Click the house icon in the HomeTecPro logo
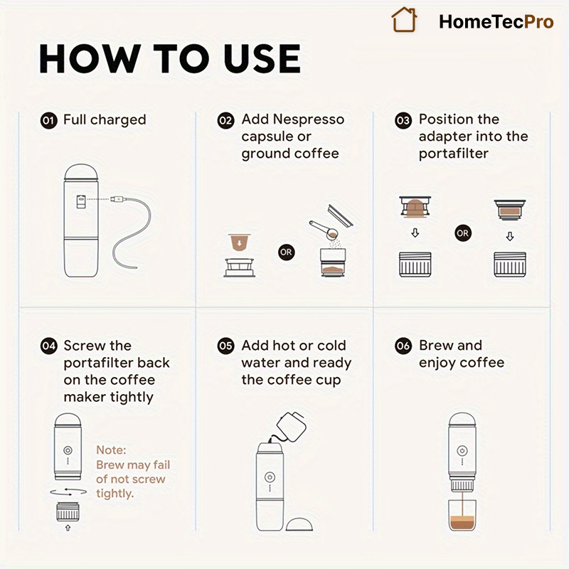coord(404,20)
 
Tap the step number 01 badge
coord(48,120)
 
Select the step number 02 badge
coord(225,120)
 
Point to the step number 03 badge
coord(403,120)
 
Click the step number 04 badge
coord(48,346)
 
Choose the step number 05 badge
coord(225,346)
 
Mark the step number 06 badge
coord(403,346)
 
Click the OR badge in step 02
coord(286,252)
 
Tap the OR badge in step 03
coord(463,233)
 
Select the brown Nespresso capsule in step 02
coord(240,242)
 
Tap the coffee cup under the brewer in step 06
coord(462,515)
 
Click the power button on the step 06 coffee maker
coord(462,451)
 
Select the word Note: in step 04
coord(111,450)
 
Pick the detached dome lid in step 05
coord(299,523)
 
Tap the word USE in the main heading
coord(262,59)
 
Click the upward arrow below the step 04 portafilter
coord(68,528)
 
